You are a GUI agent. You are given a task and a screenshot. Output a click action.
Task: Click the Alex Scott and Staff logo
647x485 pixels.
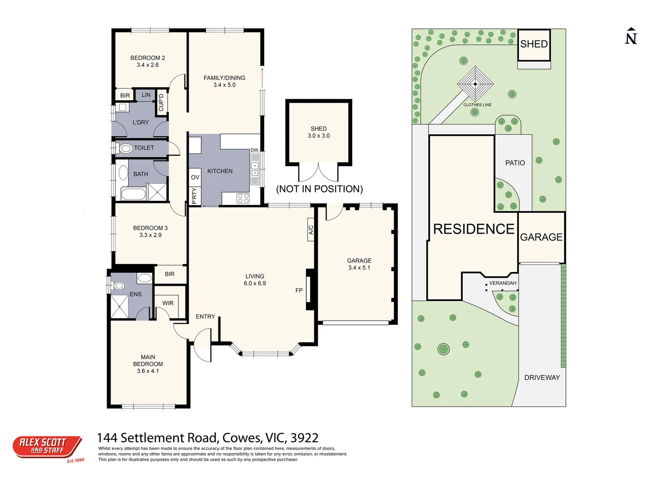47,447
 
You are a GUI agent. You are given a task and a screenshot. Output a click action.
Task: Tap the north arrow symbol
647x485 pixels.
631,36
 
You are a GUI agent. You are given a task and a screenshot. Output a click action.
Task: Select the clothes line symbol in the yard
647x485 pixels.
475,84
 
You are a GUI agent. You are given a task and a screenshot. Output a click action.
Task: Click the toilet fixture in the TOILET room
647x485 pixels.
126,148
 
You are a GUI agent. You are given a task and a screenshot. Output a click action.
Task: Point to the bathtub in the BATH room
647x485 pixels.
133,194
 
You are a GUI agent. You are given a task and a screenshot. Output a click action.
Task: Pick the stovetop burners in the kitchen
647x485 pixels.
243,198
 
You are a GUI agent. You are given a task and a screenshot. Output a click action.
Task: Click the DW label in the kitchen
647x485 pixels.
254,150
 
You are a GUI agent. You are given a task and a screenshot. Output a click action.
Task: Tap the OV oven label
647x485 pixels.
195,177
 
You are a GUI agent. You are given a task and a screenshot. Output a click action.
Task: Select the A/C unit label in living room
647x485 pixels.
310,230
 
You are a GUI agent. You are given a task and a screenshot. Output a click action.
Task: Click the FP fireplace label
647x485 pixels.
299,291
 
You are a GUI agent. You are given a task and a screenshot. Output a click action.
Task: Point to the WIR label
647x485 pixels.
168,303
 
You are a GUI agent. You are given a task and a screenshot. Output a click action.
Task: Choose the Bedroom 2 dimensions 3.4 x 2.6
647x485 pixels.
148,65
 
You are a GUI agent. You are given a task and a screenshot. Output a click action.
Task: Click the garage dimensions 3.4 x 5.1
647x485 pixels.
359,268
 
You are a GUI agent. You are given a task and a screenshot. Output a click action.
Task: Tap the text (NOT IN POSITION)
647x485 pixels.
319,189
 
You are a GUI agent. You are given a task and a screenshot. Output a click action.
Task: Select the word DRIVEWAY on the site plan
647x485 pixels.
542,378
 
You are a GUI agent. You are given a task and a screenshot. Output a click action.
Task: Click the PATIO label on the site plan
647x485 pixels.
515,163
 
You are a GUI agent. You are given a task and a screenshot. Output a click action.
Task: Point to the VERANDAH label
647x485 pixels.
503,283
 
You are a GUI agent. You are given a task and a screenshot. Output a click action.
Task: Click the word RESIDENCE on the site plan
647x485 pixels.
474,229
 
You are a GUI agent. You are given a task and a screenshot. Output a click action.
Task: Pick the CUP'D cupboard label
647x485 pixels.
161,102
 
